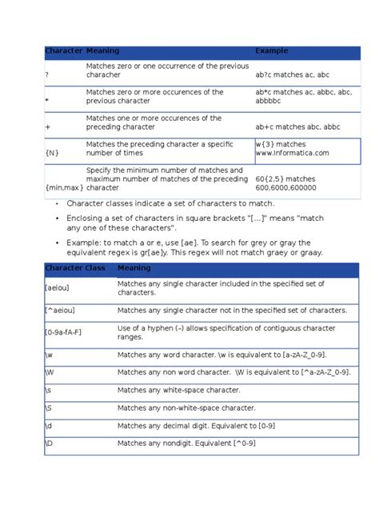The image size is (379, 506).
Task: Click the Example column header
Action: [271, 51]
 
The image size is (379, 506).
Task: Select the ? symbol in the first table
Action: [47, 75]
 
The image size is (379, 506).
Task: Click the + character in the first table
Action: [48, 127]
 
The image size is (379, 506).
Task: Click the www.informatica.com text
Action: [292, 152]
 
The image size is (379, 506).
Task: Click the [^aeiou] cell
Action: [61, 311]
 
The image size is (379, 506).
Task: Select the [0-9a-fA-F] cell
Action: [67, 331]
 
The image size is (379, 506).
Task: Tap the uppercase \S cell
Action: [49, 407]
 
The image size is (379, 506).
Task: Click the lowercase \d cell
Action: [49, 425]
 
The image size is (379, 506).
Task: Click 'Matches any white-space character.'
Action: [178, 389]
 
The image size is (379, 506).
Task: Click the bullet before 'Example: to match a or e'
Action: [57, 243]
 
